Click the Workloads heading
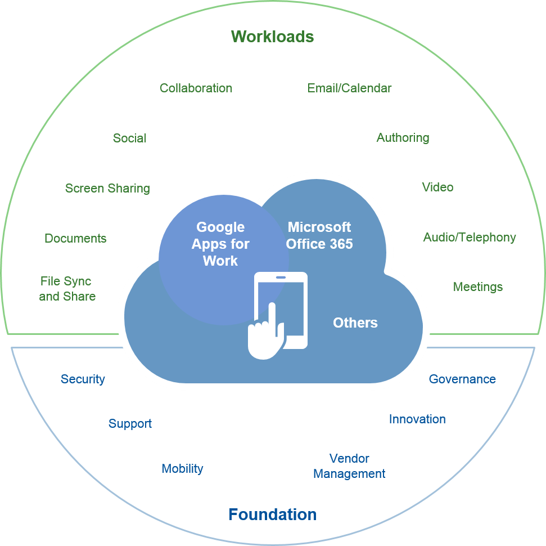pos(272,37)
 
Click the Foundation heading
pos(272,514)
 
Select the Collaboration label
pos(196,88)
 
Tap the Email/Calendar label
pos(349,88)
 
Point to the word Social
pos(129,138)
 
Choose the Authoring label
pos(403,138)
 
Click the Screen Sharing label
pos(107,189)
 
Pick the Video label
pos(437,187)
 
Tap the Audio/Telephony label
pos(470,238)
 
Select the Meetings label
pos(477,287)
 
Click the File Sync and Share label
pos(67,289)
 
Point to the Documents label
pos(75,239)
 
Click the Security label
pos(83,379)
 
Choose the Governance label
pos(462,379)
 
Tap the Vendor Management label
pos(349,466)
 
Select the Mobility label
pos(182,469)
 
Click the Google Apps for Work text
pos(220,244)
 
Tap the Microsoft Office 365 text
pos(319,235)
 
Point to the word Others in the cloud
pos(355,323)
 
